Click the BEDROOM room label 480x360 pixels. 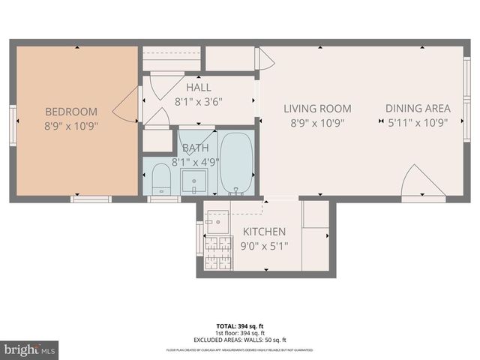click(x=70, y=111)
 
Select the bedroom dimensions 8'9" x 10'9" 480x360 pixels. click(x=70, y=125)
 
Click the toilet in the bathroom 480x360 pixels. click(x=161, y=178)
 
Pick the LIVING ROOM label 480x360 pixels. click(x=317, y=109)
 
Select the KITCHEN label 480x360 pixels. click(x=263, y=232)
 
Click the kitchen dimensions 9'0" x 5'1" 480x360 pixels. click(x=263, y=245)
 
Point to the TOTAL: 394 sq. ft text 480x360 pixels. click(x=239, y=326)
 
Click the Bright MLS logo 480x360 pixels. click(x=29, y=349)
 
